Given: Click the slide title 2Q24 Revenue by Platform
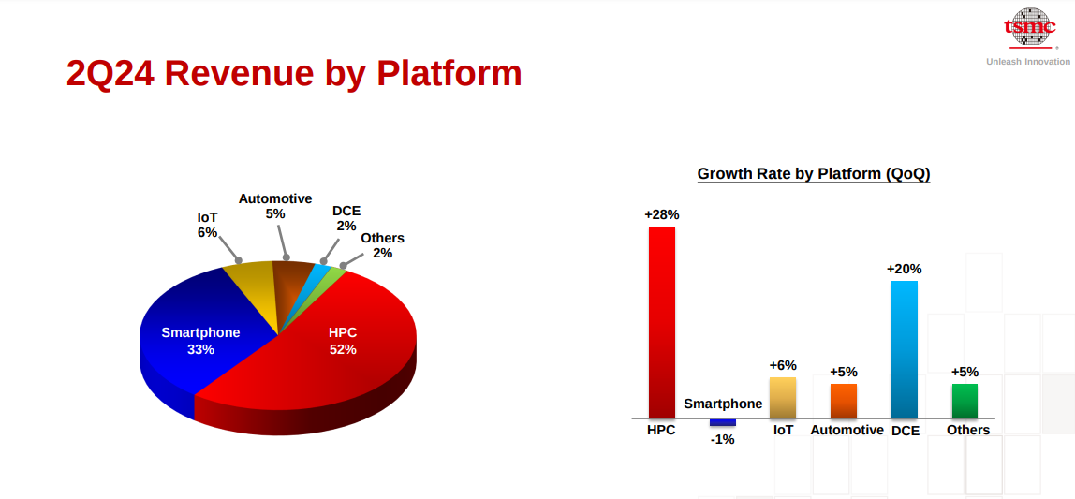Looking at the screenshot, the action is (x=294, y=74).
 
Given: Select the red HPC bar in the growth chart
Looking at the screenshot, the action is (x=662, y=322).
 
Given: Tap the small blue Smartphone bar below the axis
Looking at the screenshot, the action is (x=723, y=422).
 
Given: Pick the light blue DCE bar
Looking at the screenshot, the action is (x=904, y=349).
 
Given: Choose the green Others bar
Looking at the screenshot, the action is (x=965, y=401).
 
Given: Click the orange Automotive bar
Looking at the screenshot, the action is (x=844, y=401).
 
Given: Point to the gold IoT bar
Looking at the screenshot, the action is (x=783, y=398).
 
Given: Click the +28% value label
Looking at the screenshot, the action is (x=662, y=214).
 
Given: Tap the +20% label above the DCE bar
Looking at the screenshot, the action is (x=905, y=269).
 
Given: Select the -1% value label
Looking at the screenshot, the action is (x=723, y=439).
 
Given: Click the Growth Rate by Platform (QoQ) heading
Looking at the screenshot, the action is (x=814, y=173).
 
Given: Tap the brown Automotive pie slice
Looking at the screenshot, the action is (x=291, y=288).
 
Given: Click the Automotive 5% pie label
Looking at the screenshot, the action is (x=275, y=206).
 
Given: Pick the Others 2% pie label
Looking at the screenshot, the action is (x=383, y=245).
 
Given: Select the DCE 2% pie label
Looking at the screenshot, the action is (x=346, y=218).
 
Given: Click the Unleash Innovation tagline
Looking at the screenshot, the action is (x=1027, y=62).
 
